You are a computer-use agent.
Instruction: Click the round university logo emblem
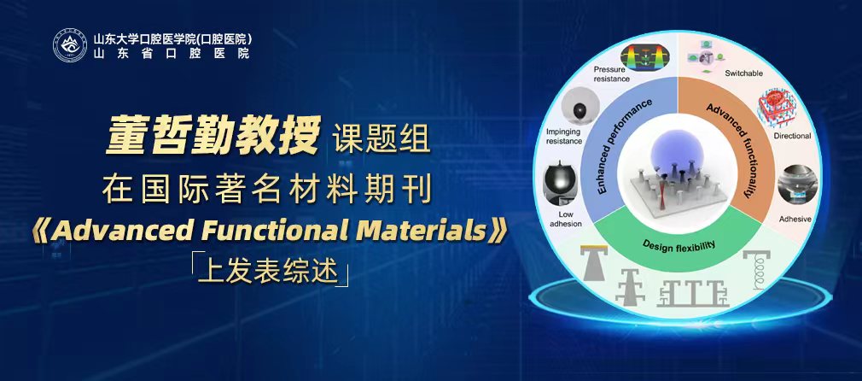(70, 45)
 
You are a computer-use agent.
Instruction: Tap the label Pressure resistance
(612, 73)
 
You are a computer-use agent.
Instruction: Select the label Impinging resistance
(563, 137)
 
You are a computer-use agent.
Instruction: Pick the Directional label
(792, 136)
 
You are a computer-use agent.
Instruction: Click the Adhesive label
(795, 220)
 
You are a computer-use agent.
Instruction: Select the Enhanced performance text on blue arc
(624, 146)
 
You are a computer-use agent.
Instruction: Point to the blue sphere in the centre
(677, 150)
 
